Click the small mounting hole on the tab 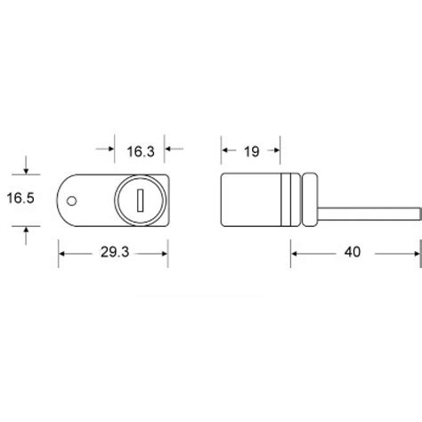[74, 199]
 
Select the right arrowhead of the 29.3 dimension [164, 253]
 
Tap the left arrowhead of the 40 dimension [296, 253]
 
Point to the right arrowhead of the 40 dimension [413, 253]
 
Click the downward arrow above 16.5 [28, 169]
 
